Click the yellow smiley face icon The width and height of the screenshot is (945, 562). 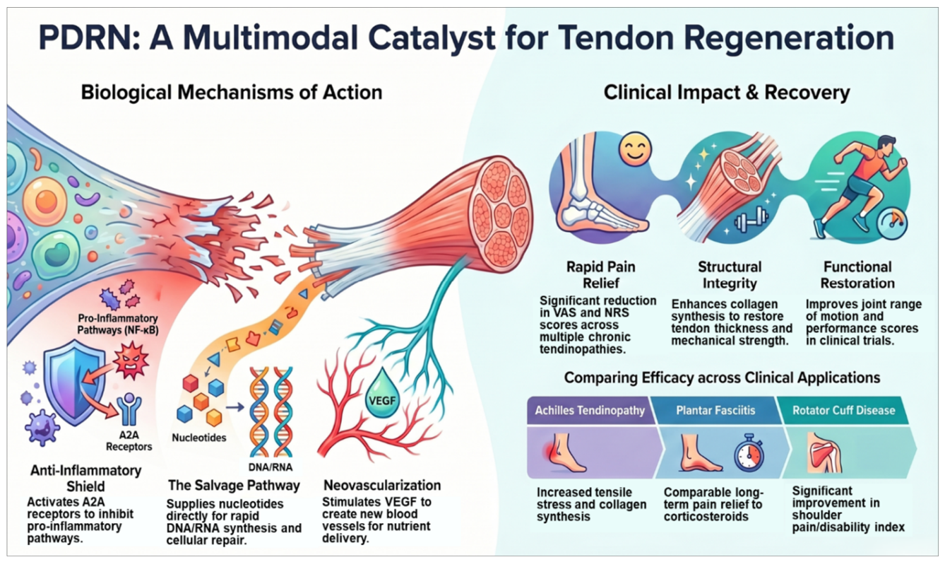click(x=635, y=150)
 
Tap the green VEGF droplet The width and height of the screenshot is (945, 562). click(x=382, y=394)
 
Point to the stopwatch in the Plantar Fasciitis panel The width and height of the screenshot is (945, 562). click(x=749, y=452)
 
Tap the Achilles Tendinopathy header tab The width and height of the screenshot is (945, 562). click(x=590, y=410)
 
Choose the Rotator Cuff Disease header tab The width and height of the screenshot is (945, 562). click(x=843, y=410)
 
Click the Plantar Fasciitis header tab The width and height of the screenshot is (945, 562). click(x=715, y=410)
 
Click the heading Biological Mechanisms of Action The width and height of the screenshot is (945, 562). click(x=232, y=93)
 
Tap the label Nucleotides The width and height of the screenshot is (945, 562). click(x=199, y=438)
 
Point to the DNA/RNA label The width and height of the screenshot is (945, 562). click(x=271, y=467)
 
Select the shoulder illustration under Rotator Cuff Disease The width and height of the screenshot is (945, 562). click(x=824, y=452)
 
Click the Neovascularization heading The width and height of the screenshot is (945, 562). click(x=382, y=485)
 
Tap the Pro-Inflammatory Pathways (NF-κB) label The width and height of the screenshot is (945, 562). click(x=118, y=324)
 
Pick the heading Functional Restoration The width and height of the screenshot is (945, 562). click(x=857, y=275)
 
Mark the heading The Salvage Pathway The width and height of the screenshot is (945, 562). click(x=234, y=486)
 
